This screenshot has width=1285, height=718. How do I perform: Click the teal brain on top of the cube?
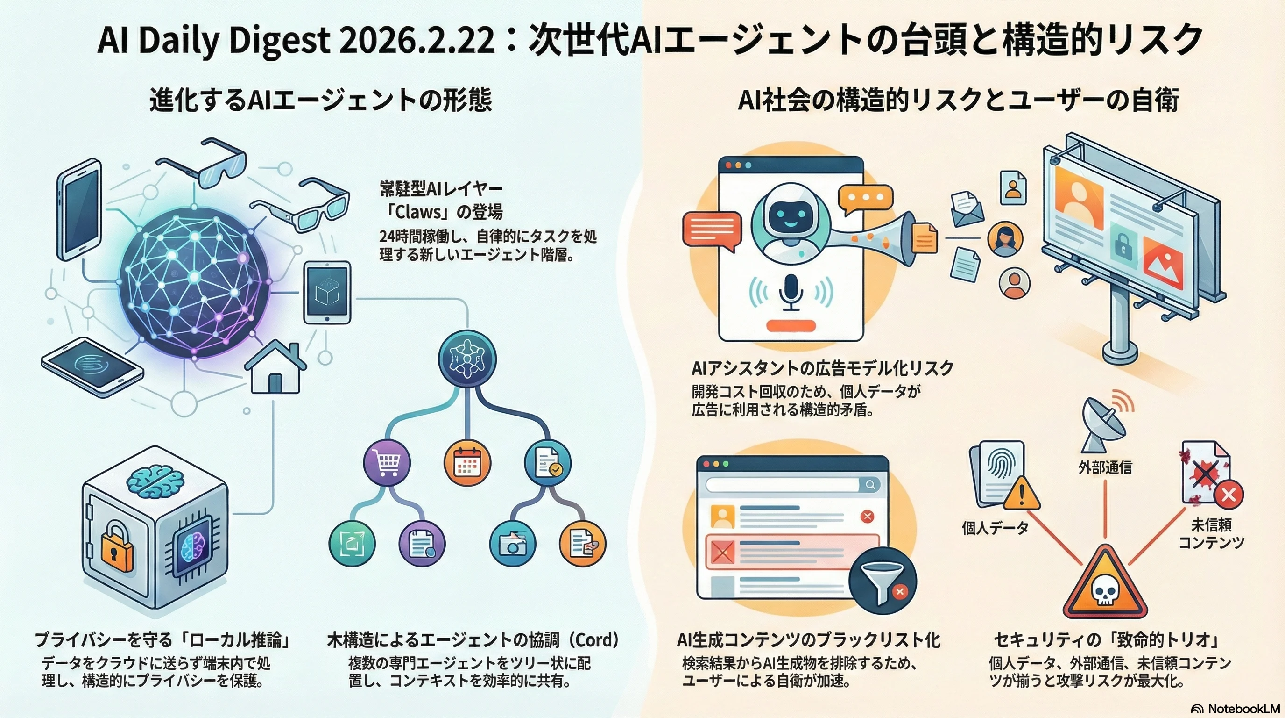(x=155, y=481)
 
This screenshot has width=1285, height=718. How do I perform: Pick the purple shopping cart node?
(x=387, y=463)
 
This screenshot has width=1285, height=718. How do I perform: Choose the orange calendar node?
(x=466, y=463)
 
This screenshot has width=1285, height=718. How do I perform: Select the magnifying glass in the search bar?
(x=870, y=484)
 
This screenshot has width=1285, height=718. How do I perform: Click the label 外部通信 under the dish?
(x=1105, y=467)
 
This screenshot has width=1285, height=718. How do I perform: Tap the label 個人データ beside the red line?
(x=995, y=528)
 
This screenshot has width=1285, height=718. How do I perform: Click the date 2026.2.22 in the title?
(x=417, y=40)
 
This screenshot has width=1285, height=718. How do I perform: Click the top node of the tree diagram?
(x=467, y=359)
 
